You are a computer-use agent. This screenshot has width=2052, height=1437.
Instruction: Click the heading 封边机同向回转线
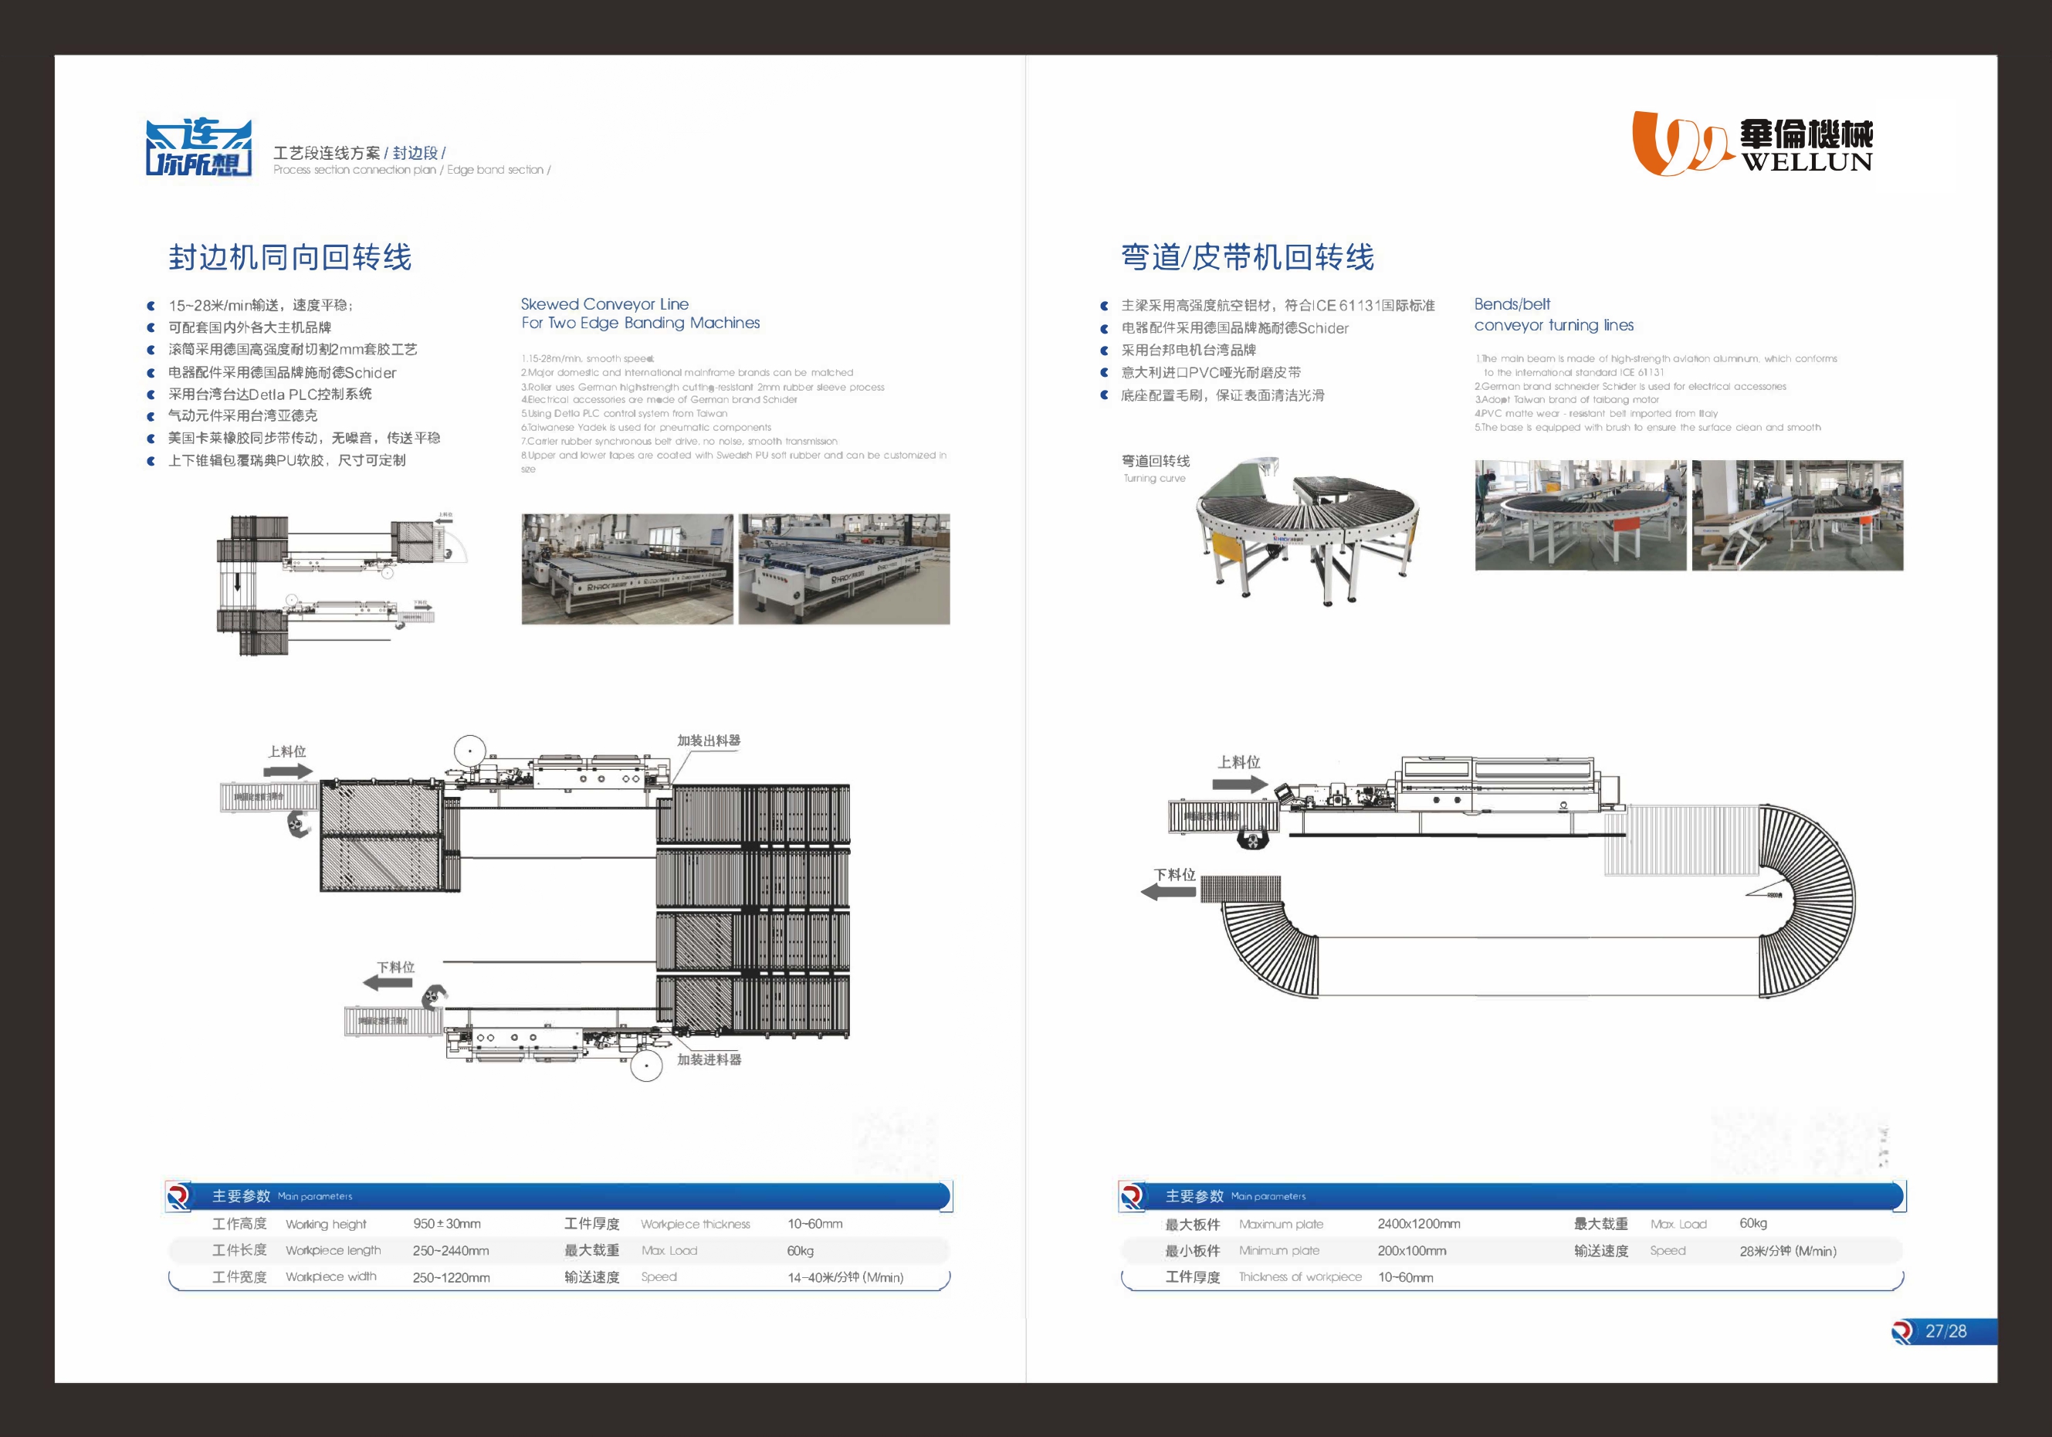tap(290, 257)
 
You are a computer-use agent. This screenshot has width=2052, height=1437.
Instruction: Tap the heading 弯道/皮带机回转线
tap(1247, 257)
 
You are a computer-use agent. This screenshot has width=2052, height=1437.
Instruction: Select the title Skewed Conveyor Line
tap(604, 303)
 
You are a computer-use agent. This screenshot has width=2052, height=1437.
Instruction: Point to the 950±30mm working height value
tap(446, 1223)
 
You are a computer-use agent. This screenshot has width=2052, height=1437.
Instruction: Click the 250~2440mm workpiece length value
tap(450, 1250)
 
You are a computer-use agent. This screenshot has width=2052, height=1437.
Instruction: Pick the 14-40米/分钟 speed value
tap(845, 1277)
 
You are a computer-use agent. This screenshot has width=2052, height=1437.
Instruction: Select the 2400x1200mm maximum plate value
tap(1418, 1223)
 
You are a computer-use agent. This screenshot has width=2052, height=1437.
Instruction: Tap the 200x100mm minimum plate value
tap(1411, 1250)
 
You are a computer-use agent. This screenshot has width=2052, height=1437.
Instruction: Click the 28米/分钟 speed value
tap(1787, 1250)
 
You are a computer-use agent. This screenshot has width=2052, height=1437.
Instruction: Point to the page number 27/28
tap(1945, 1330)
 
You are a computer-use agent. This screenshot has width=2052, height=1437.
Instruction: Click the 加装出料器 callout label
tap(708, 740)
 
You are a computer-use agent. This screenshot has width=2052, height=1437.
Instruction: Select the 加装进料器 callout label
tap(709, 1059)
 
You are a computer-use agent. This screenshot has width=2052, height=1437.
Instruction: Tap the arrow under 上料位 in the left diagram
tap(289, 771)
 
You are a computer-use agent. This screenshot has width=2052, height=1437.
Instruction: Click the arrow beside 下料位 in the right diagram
tap(1168, 891)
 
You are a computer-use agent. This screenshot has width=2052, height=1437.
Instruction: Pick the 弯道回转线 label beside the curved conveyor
tap(1156, 461)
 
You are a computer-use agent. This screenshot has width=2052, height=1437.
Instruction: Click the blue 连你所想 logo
tap(198, 147)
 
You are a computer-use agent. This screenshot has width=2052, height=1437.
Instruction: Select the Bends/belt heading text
tap(1512, 303)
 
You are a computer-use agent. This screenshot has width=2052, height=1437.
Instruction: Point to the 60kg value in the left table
tap(800, 1250)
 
